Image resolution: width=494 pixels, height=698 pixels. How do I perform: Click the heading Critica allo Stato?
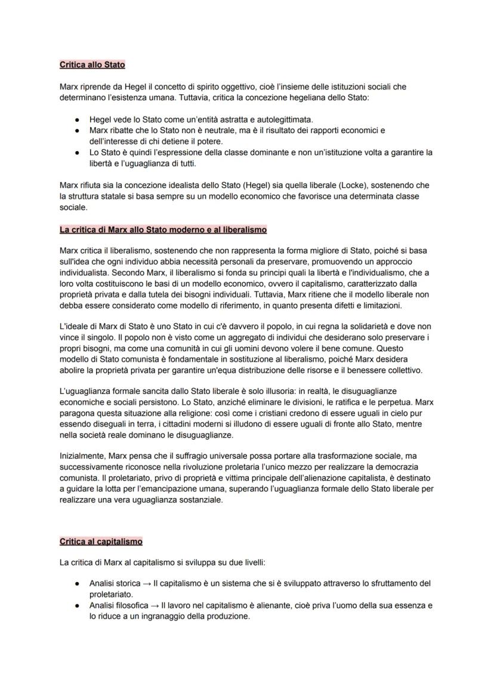click(92, 64)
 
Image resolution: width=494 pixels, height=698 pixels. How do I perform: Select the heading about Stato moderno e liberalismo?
click(163, 229)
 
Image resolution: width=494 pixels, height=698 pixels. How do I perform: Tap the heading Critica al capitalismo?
click(101, 542)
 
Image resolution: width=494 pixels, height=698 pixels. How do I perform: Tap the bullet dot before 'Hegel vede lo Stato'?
click(77, 120)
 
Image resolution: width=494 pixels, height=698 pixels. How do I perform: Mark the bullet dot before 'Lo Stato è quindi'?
click(77, 153)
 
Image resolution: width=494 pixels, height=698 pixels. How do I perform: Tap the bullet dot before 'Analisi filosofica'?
click(77, 605)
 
